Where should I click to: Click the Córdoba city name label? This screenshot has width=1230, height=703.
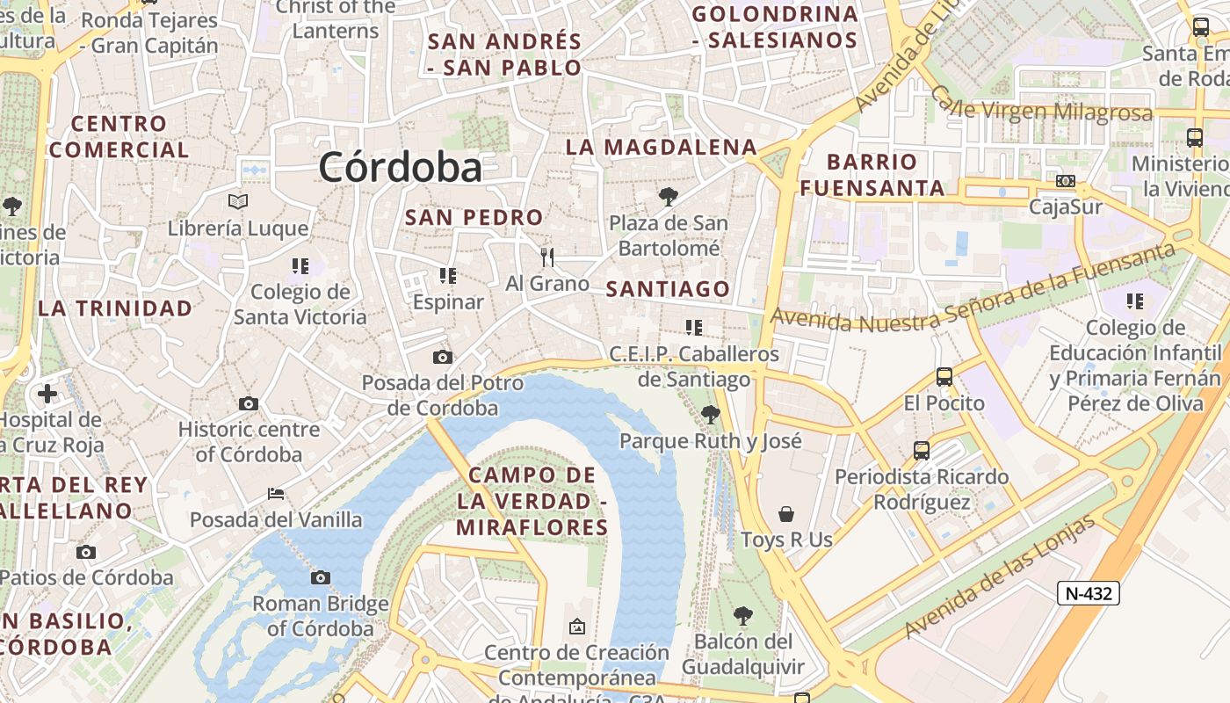[x=401, y=167]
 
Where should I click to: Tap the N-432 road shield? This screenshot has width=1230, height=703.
[x=1088, y=593]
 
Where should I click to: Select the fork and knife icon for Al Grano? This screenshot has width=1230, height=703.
[x=547, y=257]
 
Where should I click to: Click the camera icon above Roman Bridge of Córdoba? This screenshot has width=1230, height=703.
[x=321, y=577]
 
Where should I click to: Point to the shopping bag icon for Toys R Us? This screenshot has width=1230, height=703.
[x=786, y=513]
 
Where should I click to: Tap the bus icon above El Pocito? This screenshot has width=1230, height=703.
[x=944, y=377]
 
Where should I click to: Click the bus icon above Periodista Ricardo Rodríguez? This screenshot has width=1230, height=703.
[x=921, y=450]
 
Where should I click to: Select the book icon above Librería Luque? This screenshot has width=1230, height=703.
[x=238, y=201]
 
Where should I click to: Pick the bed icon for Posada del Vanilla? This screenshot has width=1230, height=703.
[x=276, y=494]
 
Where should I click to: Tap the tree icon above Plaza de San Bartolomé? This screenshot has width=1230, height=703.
[x=669, y=197]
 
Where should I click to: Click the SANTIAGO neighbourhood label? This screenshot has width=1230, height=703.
[x=668, y=289]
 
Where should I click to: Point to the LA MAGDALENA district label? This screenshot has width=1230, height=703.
[x=661, y=147]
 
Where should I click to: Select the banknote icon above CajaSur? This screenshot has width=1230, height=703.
[x=1066, y=181]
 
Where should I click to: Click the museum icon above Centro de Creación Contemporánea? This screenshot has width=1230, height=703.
[x=577, y=627]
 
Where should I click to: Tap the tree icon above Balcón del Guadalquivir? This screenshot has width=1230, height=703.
[x=743, y=615]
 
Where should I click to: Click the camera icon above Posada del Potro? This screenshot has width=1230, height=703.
[x=443, y=357]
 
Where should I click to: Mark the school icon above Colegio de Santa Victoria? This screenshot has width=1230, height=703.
[x=300, y=265]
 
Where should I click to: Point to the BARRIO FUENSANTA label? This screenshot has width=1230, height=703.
[x=872, y=174]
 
